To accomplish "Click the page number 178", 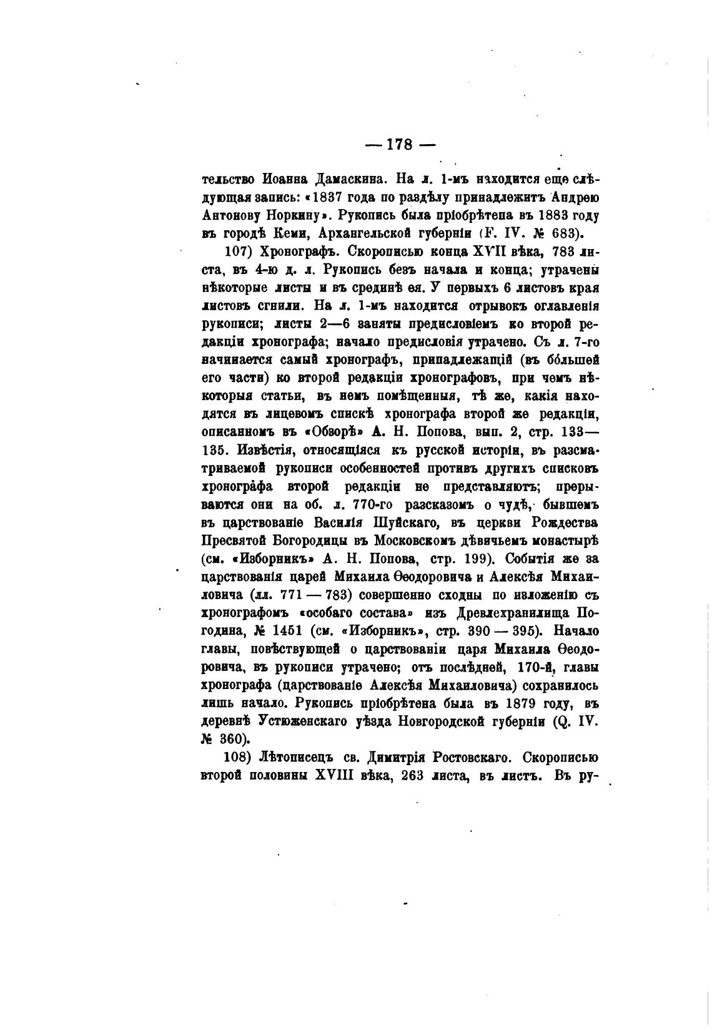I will click(400, 145).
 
